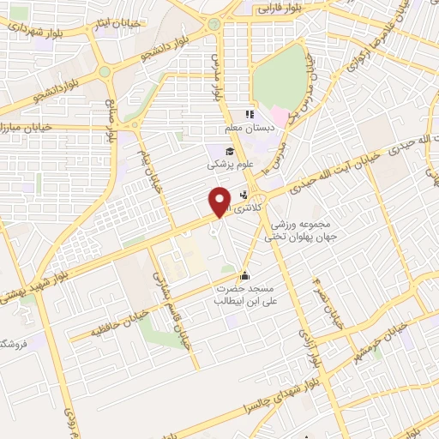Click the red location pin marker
tap(219, 201)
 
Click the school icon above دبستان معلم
tap(250, 114)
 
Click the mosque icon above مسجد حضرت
tap(246, 276)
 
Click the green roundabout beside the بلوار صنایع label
tap(105, 71)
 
